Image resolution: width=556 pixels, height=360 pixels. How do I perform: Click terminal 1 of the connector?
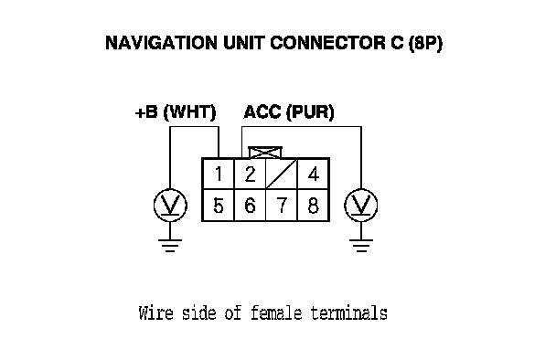(x=218, y=174)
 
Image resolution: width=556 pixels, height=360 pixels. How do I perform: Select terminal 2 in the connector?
(x=250, y=174)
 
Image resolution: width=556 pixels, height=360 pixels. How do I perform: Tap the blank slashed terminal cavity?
(x=281, y=174)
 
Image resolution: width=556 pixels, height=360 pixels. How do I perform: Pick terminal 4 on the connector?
(x=313, y=174)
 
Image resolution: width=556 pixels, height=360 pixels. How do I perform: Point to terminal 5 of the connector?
(x=218, y=206)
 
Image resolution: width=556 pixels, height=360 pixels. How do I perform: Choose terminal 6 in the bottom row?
(x=250, y=206)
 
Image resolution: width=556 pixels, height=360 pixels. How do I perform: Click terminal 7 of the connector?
(x=281, y=206)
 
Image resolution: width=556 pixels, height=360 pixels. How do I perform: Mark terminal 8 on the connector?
(x=313, y=206)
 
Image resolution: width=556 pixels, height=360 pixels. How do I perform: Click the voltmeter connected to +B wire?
(x=170, y=206)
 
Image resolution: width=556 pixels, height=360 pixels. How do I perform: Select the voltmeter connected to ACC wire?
(x=361, y=206)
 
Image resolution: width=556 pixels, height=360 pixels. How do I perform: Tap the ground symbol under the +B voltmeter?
(x=170, y=246)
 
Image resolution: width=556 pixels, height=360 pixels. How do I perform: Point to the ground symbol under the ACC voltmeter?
(x=361, y=246)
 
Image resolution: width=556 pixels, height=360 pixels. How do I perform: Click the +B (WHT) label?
(x=176, y=112)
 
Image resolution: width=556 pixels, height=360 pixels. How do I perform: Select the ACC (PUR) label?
(x=289, y=112)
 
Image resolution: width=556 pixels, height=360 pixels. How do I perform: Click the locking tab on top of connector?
(x=265, y=153)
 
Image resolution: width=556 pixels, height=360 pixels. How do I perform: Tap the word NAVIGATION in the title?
(x=161, y=43)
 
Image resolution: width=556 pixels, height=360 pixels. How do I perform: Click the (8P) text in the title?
(x=425, y=44)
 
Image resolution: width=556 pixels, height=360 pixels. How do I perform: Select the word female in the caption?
(x=276, y=313)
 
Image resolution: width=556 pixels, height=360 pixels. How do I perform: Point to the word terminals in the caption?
(x=349, y=313)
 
